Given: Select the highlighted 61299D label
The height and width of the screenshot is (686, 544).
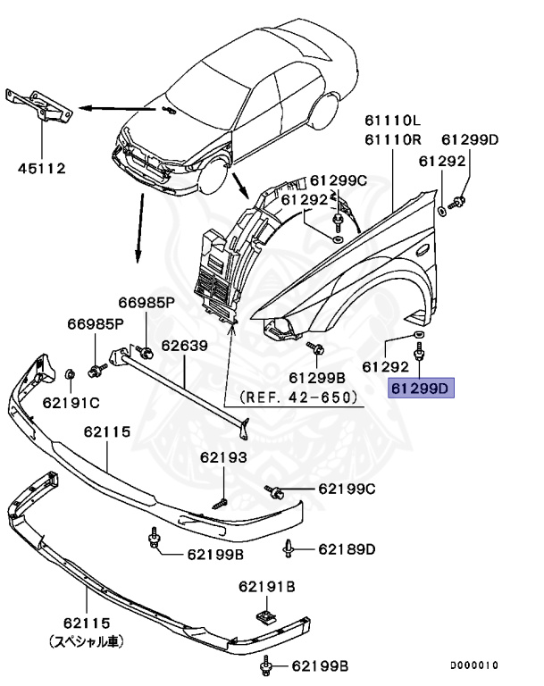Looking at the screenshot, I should click(422, 388).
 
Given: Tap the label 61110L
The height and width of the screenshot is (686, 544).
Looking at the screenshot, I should click(392, 120).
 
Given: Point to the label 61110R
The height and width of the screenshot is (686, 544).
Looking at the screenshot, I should click(392, 139).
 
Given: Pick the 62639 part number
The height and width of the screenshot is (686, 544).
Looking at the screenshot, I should click(184, 345).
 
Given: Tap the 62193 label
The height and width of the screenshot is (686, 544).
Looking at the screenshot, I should click(222, 457).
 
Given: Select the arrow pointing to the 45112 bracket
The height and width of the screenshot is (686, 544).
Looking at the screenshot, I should click(99, 107).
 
